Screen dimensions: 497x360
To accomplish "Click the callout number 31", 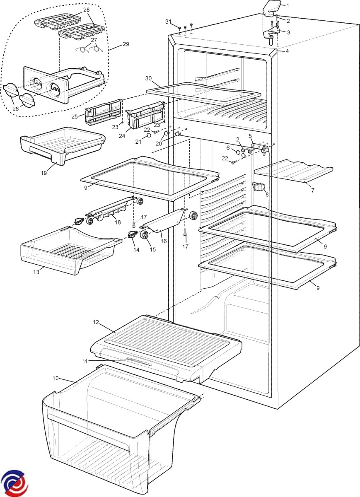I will pos(168,21).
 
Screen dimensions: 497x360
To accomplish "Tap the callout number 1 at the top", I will pos(288,5).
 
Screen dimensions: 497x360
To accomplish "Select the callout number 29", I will pos(126,44).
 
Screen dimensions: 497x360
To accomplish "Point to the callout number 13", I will pos(36,272).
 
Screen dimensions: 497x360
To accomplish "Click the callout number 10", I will pos(56,378).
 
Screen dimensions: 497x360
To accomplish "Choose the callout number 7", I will pos(313,191).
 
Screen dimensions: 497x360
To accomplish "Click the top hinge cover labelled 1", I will pos(271,7).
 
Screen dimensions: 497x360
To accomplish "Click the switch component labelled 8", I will pos(258,187).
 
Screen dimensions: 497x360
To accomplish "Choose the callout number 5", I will pos(250,135).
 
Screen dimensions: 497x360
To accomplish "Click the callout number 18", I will pos(118,222).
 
